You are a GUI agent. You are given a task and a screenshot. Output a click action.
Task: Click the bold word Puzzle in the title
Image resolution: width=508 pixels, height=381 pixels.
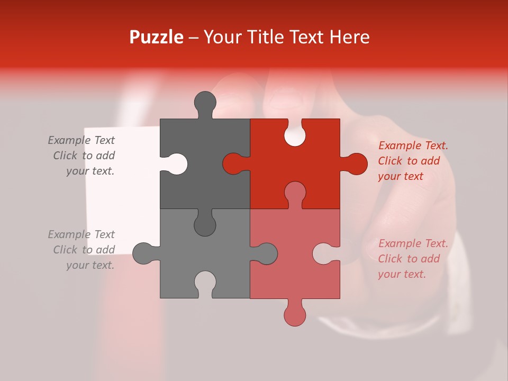[x=157, y=37]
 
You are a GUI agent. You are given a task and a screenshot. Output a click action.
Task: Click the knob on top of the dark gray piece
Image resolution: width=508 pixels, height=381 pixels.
[x=205, y=103]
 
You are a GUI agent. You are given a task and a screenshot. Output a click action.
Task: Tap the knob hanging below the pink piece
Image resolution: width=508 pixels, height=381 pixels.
[x=295, y=315]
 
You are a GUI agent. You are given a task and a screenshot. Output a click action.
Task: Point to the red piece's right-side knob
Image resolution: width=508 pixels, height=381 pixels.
[x=355, y=164]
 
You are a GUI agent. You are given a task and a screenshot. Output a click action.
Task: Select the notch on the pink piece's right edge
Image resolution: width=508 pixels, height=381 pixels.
[x=324, y=253]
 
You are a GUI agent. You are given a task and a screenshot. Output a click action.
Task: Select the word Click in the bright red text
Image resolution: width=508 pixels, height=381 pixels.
[x=391, y=161]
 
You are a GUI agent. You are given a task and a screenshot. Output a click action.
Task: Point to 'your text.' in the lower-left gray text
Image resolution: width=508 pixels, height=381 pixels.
[x=90, y=265]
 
